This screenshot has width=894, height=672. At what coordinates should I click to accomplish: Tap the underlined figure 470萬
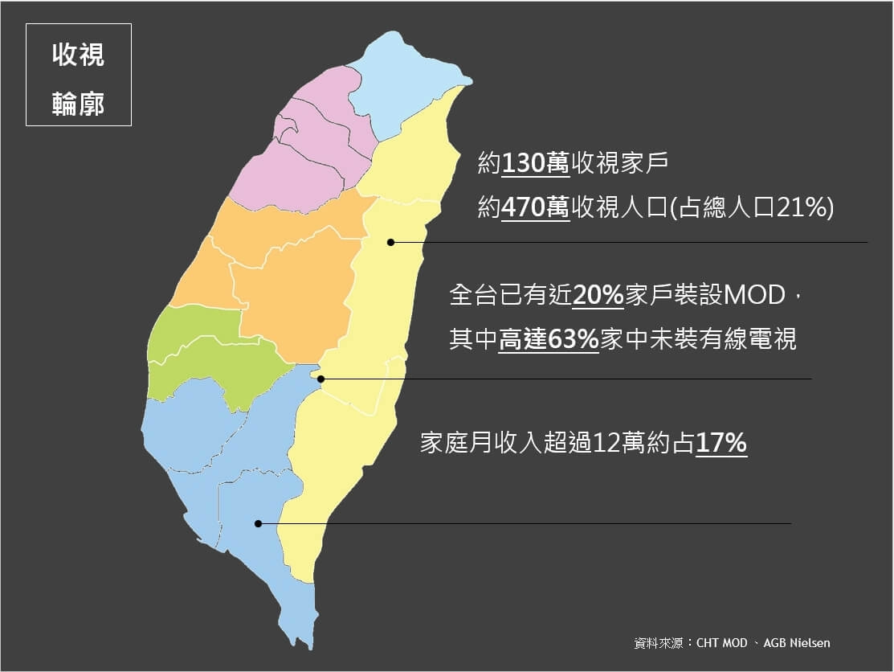point(536,209)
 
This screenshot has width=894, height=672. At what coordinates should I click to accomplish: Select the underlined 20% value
point(598,296)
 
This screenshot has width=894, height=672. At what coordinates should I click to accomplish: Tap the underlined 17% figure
point(721,443)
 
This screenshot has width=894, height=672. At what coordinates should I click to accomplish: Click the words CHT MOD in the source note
point(722,643)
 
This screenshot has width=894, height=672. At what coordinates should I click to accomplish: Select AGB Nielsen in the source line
point(797,643)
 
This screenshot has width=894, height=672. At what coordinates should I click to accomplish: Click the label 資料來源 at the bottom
point(658,643)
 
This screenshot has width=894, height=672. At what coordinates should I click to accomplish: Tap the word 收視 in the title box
point(78,55)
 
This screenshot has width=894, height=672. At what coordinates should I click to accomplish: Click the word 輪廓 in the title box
point(78,104)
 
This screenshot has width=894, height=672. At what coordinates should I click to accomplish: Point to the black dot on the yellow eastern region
point(390,242)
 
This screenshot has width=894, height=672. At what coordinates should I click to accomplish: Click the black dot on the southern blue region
point(259,524)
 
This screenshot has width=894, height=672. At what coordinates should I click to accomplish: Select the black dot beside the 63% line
point(320,379)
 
